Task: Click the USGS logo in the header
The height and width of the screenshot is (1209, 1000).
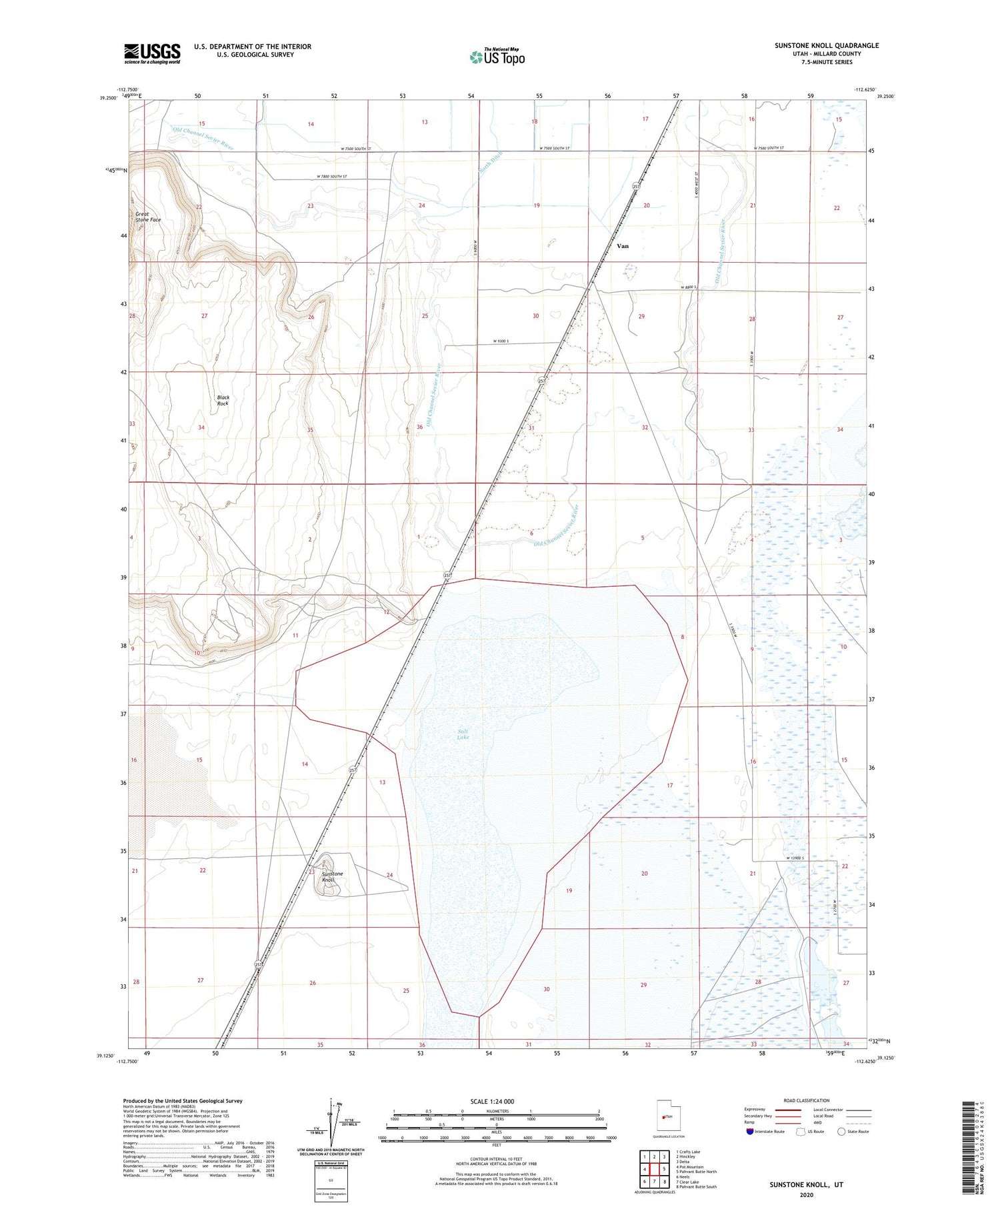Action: [x=152, y=53]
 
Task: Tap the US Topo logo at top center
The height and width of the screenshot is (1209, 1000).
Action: [x=497, y=57]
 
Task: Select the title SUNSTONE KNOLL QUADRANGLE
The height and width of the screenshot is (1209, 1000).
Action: [x=826, y=45]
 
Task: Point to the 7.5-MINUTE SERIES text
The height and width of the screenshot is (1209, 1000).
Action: [x=827, y=62]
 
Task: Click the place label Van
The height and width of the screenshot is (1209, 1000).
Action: [x=622, y=246]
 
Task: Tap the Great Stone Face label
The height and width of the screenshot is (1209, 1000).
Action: [x=147, y=217]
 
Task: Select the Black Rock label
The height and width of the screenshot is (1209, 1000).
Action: [x=223, y=400]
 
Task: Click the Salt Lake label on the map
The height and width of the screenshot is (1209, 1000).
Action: [x=463, y=734]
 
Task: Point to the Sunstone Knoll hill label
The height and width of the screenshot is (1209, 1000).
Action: [x=332, y=876]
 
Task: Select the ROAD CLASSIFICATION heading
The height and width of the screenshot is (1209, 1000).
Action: [x=807, y=1100]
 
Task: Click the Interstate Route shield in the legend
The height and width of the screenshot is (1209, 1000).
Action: [x=750, y=1132]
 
